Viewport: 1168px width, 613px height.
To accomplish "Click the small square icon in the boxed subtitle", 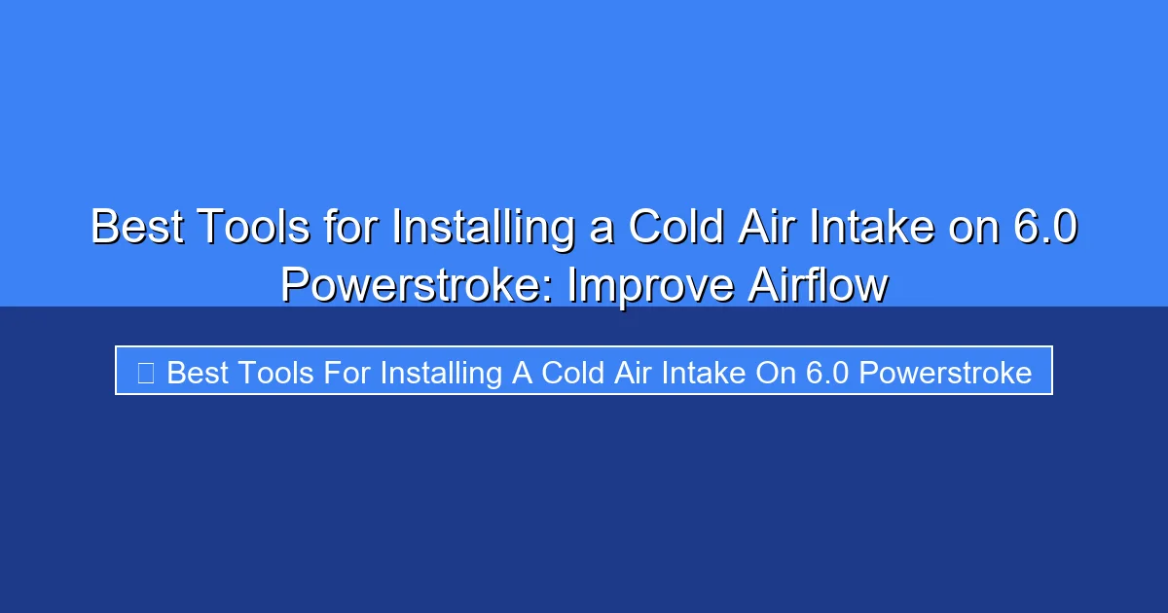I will coord(145,372).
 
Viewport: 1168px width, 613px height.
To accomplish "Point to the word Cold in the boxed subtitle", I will coord(575,372).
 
